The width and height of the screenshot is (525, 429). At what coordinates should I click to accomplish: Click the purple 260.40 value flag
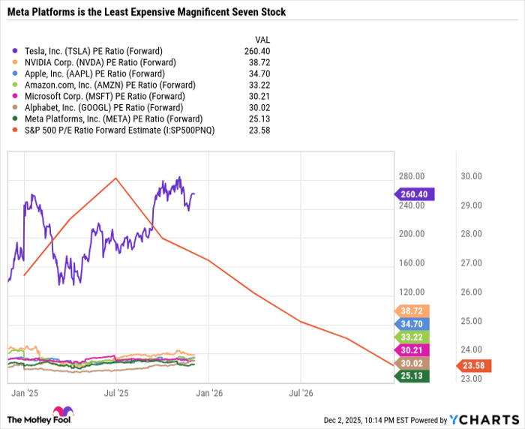coord(414,194)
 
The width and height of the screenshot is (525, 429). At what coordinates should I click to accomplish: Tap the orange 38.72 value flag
coord(412,310)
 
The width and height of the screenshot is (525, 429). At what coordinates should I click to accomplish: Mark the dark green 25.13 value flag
coord(412,375)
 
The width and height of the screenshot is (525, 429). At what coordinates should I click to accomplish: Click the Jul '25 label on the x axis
coord(115,392)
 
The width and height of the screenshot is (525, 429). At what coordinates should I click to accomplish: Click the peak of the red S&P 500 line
coord(115,178)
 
